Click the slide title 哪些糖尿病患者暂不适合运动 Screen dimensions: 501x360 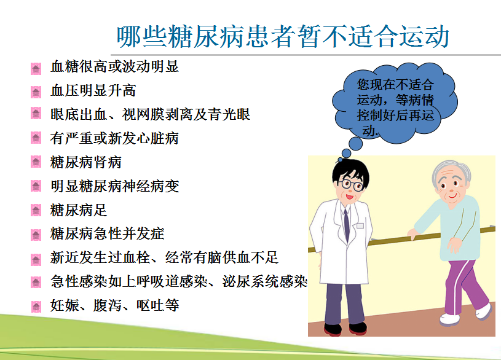(x=283, y=36)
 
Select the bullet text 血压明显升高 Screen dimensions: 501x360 (x=93, y=90)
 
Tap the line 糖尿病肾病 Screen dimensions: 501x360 (x=86, y=162)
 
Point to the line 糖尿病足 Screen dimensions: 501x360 (x=79, y=210)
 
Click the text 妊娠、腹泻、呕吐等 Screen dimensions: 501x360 (x=115, y=305)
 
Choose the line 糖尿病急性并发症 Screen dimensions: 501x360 (x=108, y=233)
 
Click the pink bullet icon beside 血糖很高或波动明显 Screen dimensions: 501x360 (x=36, y=68)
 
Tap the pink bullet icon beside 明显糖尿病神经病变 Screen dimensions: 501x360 (x=36, y=186)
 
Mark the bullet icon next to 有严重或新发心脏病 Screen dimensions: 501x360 (x=36, y=138)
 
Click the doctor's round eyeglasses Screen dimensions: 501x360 (x=352, y=185)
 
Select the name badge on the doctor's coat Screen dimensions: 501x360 (x=360, y=225)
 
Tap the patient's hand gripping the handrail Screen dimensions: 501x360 (x=413, y=233)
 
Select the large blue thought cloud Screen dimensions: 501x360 (x=395, y=103)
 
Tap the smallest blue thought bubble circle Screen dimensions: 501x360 (x=340, y=160)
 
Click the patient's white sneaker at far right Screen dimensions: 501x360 (x=483, y=311)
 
